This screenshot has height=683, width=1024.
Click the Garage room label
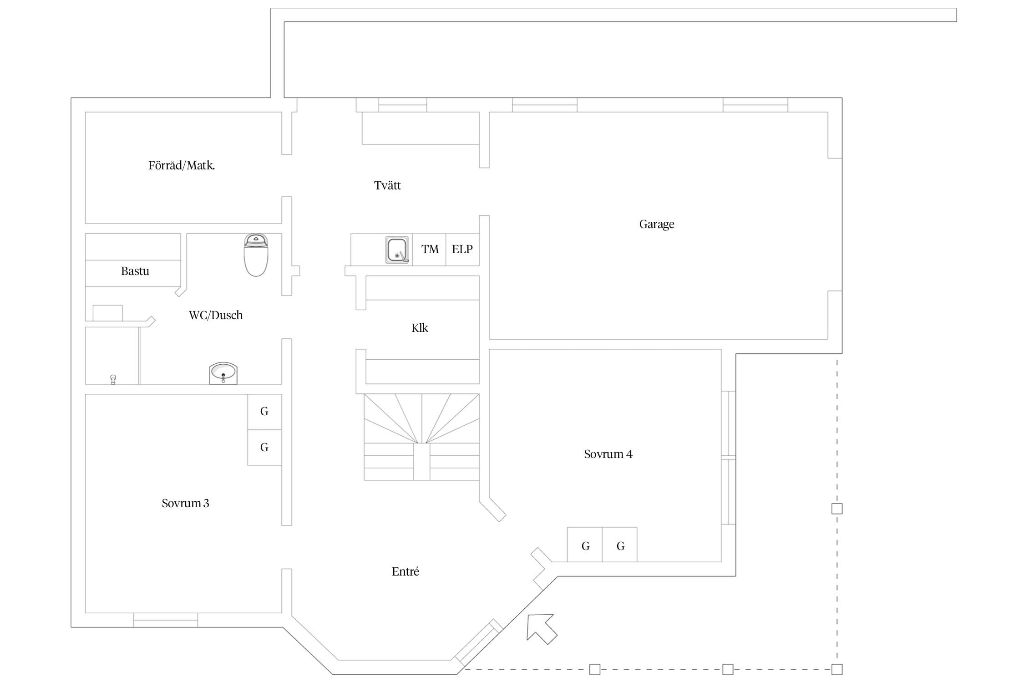pyautogui.click(x=656, y=224)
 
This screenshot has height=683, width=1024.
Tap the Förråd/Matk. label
pyautogui.click(x=182, y=165)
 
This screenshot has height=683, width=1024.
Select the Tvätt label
pyautogui.click(x=387, y=185)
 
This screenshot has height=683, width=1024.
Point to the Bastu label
pyautogui.click(x=135, y=271)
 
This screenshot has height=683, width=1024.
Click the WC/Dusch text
pyautogui.click(x=216, y=315)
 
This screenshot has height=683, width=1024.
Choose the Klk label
pyautogui.click(x=420, y=328)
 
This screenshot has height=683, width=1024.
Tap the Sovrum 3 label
pyautogui.click(x=185, y=503)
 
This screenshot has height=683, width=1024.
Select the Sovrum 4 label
pyautogui.click(x=608, y=454)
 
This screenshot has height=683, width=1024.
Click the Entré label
pyautogui.click(x=405, y=571)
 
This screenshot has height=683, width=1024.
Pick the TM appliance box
pyautogui.click(x=429, y=250)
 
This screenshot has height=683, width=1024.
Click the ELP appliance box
pyautogui.click(x=462, y=250)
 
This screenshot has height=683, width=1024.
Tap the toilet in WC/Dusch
pyautogui.click(x=256, y=255)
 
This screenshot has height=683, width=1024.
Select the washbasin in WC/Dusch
pyautogui.click(x=223, y=373)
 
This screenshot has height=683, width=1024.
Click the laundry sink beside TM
pyautogui.click(x=397, y=250)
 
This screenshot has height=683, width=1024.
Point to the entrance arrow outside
pyautogui.click(x=542, y=628)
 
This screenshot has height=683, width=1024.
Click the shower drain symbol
pyautogui.click(x=113, y=379)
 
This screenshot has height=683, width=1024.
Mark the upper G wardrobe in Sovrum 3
pyautogui.click(x=264, y=412)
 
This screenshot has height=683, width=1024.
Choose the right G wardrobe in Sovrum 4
pyautogui.click(x=620, y=545)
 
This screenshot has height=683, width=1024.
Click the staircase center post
pyautogui.click(x=421, y=461)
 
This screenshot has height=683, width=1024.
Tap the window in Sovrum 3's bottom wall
pyautogui.click(x=165, y=620)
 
